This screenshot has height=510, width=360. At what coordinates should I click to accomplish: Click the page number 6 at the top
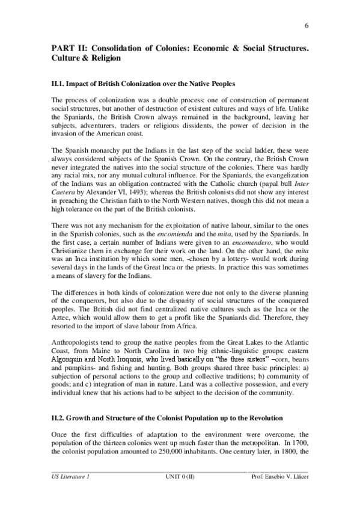point(307,25)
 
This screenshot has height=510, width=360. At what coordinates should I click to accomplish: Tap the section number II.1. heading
point(59,81)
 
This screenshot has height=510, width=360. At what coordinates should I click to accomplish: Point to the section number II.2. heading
point(59,416)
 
